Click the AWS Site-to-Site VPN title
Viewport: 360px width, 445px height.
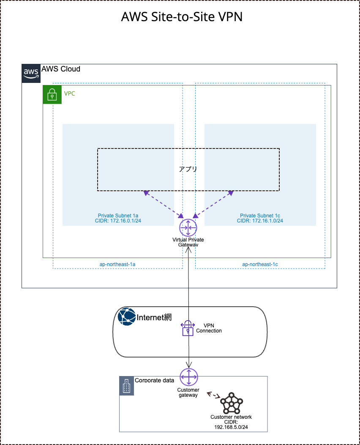pos(182,17)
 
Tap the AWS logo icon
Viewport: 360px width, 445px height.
pos(31,73)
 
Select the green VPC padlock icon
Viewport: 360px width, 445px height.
pos(52,94)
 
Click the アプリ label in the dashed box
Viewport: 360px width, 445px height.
pos(188,169)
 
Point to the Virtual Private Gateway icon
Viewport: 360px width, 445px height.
pos(188,228)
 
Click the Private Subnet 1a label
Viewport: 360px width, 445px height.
pos(118,215)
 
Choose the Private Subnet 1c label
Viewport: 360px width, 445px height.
pos(260,215)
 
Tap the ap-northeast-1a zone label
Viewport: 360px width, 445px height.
pos(117,264)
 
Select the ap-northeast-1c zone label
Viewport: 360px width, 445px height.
pos(260,264)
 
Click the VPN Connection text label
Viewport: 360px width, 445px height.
pos(209,328)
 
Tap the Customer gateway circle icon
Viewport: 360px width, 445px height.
pos(188,377)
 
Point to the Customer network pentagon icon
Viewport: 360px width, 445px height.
pos(232,403)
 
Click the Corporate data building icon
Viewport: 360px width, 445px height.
pos(127,386)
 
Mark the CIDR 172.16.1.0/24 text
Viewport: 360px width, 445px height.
pos(260,220)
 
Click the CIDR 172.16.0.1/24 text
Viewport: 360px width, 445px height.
pos(118,220)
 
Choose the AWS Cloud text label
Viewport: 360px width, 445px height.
pos(61,69)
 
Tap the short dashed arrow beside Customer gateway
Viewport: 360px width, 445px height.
pos(213,396)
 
